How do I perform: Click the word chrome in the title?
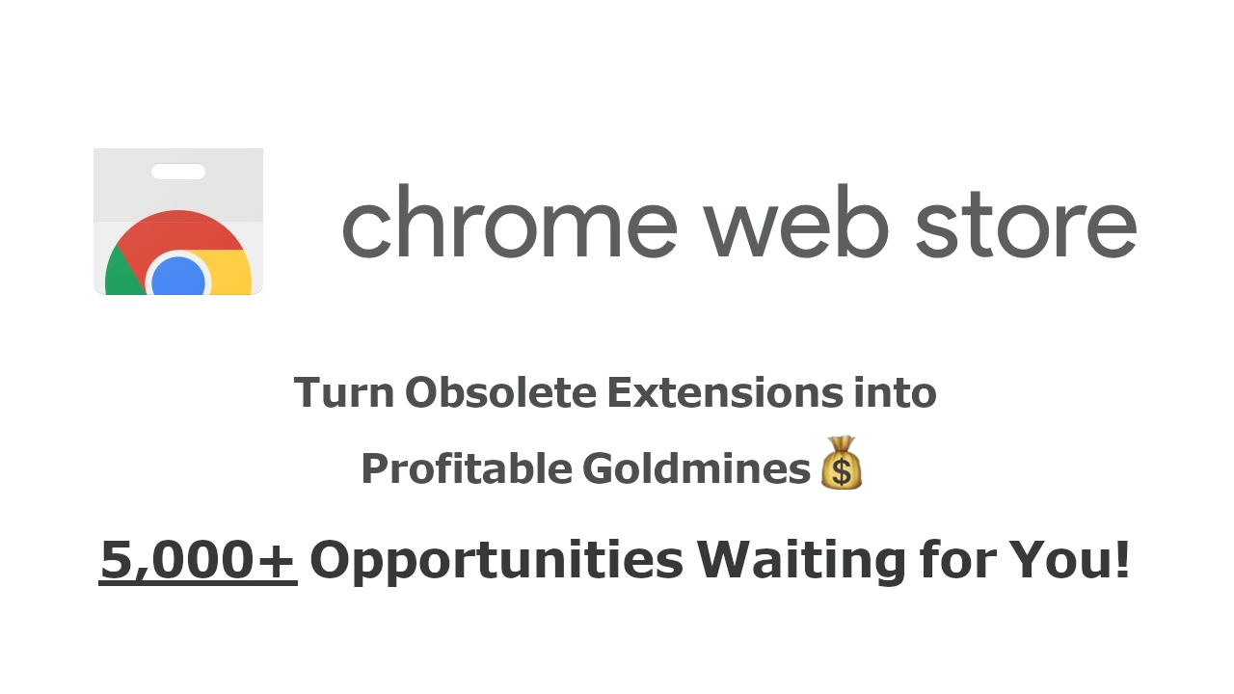coord(510,221)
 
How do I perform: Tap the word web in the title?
coord(796,221)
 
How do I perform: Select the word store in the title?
coord(1026,225)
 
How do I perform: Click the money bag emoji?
coord(842,462)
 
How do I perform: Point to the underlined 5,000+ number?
coord(198,560)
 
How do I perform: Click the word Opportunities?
coord(496,562)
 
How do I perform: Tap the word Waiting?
coord(801,562)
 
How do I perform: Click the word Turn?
coord(344,392)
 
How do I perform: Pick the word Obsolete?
coord(500,392)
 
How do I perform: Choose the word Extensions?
coord(725,392)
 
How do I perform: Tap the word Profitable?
coord(467,468)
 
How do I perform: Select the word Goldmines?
coord(696,468)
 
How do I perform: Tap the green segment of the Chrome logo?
coord(122,276)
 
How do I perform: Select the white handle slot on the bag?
coord(178,172)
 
